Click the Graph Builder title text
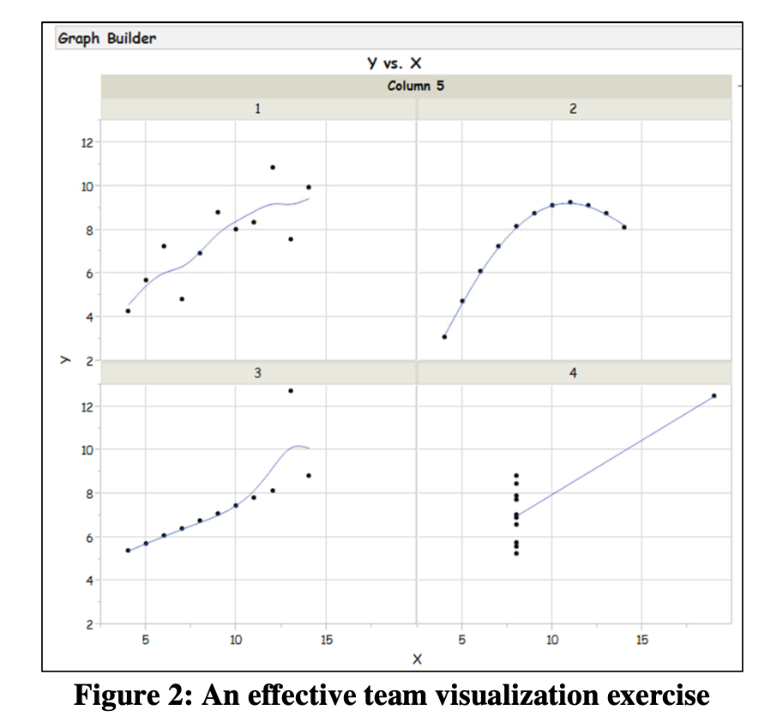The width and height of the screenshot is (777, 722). (107, 39)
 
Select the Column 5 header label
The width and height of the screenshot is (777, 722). (416, 86)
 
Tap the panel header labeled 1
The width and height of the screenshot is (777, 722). (257, 109)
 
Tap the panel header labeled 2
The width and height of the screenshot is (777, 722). (573, 109)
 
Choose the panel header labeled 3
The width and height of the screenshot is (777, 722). (257, 373)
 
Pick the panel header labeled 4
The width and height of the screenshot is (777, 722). (573, 373)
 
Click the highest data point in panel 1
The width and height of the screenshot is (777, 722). (273, 167)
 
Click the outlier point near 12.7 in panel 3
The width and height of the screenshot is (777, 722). (291, 391)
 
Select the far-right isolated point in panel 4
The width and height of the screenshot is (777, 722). (714, 396)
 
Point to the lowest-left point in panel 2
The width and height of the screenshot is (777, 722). (444, 337)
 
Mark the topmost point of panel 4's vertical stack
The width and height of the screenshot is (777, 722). (516, 475)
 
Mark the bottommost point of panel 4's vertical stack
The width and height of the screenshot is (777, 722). (516, 553)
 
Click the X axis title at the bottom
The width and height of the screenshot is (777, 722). (417, 659)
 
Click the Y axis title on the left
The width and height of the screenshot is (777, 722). (63, 360)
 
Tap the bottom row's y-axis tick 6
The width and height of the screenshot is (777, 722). (84, 537)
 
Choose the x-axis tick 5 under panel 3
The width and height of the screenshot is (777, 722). (146, 640)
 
